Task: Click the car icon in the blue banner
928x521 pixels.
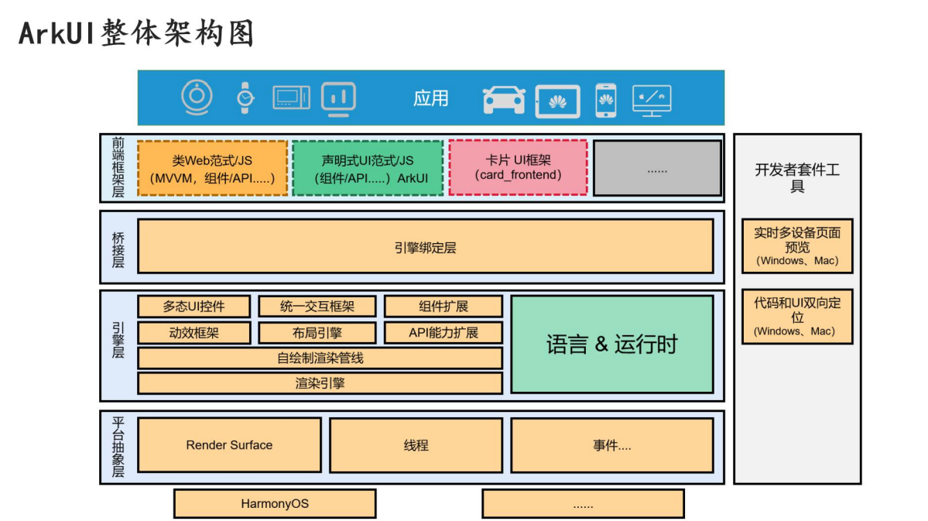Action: click(x=503, y=99)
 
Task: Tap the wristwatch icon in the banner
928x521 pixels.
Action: click(x=245, y=98)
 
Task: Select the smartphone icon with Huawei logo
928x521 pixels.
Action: click(x=605, y=99)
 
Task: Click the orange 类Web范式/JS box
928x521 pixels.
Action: click(x=212, y=168)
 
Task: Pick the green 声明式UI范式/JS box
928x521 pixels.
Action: click(x=368, y=168)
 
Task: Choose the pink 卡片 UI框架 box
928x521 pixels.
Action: click(x=518, y=167)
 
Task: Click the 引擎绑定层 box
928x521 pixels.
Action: click(x=425, y=246)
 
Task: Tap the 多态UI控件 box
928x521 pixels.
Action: click(x=193, y=307)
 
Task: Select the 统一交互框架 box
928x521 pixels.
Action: click(x=317, y=307)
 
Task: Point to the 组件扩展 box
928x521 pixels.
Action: click(x=443, y=307)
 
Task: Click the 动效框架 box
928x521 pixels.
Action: click(x=193, y=333)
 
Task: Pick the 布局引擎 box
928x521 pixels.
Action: click(x=317, y=333)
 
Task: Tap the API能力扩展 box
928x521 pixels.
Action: click(x=443, y=333)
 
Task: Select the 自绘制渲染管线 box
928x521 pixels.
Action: click(x=320, y=358)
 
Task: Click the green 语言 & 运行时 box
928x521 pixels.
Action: click(x=611, y=344)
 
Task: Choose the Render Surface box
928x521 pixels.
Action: click(x=229, y=445)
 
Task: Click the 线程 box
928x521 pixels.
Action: click(x=416, y=445)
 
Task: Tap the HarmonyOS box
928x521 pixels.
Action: click(x=274, y=503)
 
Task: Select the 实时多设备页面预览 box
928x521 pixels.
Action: click(x=797, y=245)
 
